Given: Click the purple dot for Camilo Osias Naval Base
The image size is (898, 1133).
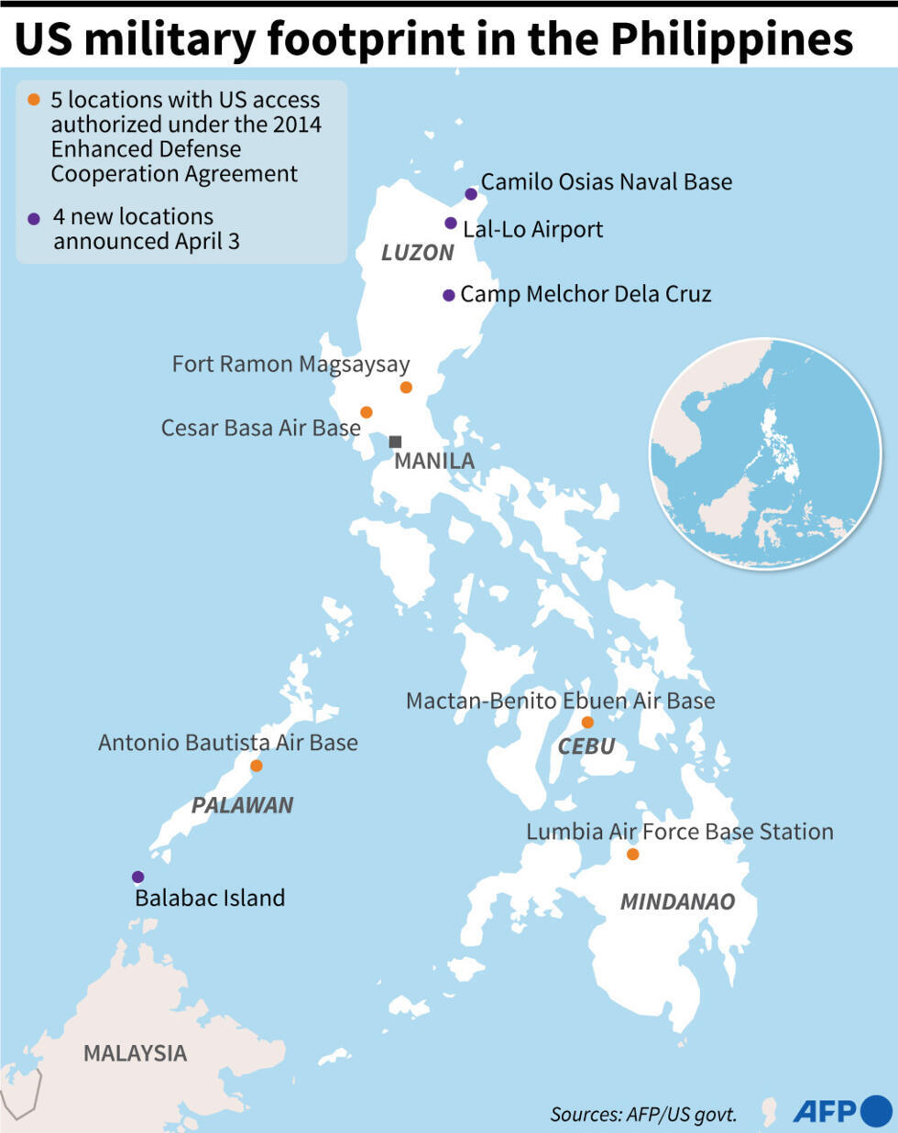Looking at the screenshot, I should pyautogui.click(x=471, y=194).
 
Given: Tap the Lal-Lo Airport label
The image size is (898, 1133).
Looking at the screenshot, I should pyautogui.click(x=532, y=229).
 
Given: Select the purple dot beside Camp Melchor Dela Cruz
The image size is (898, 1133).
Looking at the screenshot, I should pyautogui.click(x=449, y=295).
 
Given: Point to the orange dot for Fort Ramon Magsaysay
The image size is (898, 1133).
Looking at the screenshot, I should pyautogui.click(x=406, y=387).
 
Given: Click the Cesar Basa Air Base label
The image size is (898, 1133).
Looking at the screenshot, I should pyautogui.click(x=260, y=428).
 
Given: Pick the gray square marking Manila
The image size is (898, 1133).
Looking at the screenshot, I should pyautogui.click(x=395, y=441).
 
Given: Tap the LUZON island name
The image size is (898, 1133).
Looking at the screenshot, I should pyautogui.click(x=417, y=253).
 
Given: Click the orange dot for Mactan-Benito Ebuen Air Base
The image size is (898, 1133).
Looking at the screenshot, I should pyautogui.click(x=587, y=723).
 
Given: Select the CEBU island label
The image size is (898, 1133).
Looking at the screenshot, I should pyautogui.click(x=586, y=747).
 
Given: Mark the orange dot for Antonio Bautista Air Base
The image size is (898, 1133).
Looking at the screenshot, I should pyautogui.click(x=257, y=766).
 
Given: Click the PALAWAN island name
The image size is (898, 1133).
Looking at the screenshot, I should pyautogui.click(x=242, y=805).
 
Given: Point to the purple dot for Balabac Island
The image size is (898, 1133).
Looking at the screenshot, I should pyautogui.click(x=137, y=877).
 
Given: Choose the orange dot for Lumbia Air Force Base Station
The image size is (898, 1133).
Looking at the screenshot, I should pyautogui.click(x=632, y=855).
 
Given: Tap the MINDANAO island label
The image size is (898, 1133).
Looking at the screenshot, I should pyautogui.click(x=677, y=902).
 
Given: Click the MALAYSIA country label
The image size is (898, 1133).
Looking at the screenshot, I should pyautogui.click(x=135, y=1053).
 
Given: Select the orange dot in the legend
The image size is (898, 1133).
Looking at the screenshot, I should pyautogui.click(x=34, y=100).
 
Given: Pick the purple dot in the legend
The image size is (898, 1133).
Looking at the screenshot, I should pyautogui.click(x=34, y=219).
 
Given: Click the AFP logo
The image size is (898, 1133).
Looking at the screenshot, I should pyautogui.click(x=841, y=1111).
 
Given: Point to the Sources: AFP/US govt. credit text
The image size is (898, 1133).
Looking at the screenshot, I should pyautogui.click(x=643, y=1115).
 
